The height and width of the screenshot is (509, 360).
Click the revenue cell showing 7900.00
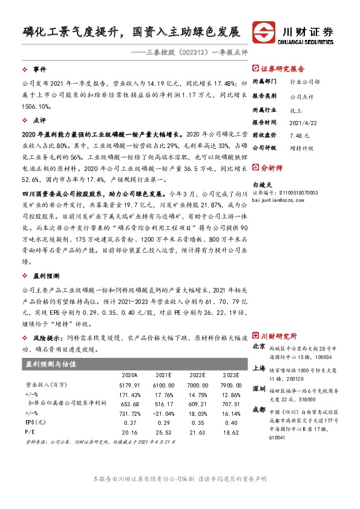[231, 384]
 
